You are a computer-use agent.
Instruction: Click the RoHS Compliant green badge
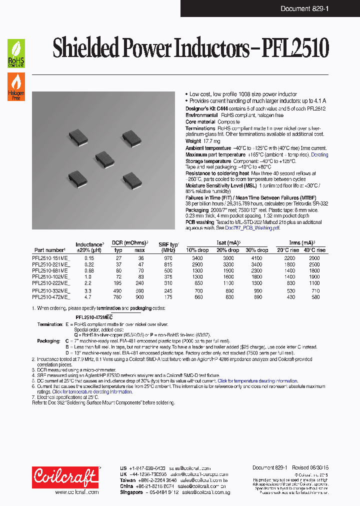(15, 53)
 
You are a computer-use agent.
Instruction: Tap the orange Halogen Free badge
(15, 86)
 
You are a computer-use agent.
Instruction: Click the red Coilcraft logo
(65, 477)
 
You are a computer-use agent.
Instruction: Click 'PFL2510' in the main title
(298, 49)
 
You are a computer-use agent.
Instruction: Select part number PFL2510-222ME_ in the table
(51, 282)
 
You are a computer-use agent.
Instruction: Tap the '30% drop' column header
(256, 250)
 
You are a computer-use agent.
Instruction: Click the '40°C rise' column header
(313, 250)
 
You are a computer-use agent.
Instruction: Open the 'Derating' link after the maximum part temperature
(319, 155)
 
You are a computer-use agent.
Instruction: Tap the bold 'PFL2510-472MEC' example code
(94, 317)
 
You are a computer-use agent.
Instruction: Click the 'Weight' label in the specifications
(193, 141)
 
